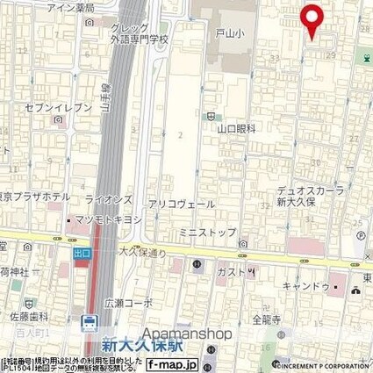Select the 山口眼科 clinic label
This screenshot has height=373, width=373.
click(236, 128)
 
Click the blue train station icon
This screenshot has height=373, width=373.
click(89, 323)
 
